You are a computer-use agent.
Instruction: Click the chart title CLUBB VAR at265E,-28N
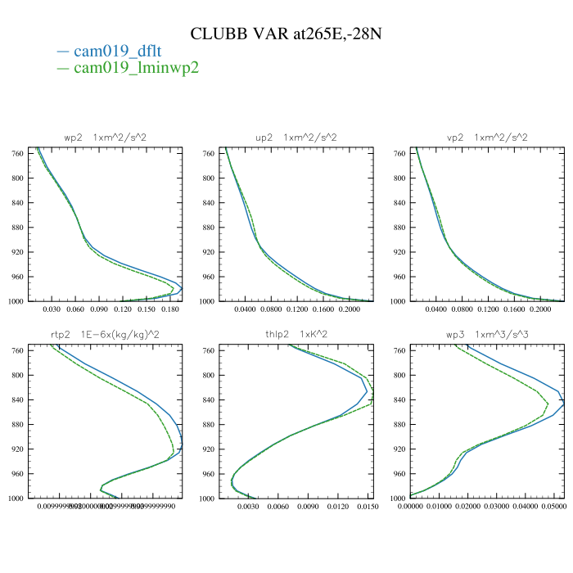coord(286,34)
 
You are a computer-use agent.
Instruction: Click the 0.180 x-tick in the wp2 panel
coord(170,311)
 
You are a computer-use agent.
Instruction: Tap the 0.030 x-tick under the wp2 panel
coord(52,311)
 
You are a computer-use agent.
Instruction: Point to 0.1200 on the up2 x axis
coord(298,311)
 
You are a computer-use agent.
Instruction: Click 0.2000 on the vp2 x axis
coord(541,311)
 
